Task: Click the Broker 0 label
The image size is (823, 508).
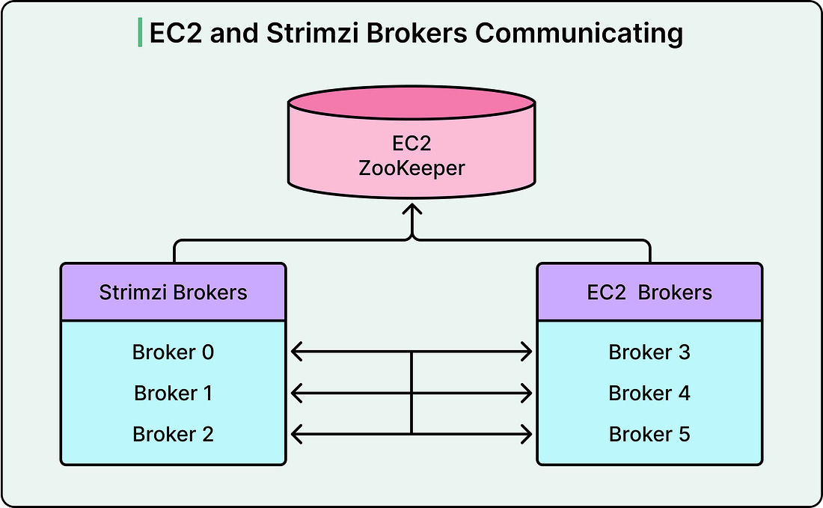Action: click(x=173, y=352)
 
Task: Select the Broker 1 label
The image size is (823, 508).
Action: click(x=173, y=393)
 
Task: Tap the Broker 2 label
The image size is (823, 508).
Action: click(x=173, y=434)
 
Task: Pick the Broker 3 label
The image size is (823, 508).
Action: click(x=649, y=352)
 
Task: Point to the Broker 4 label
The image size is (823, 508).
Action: click(x=649, y=393)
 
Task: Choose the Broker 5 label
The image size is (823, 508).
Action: click(x=649, y=434)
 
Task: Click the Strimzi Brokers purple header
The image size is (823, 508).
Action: click(x=173, y=292)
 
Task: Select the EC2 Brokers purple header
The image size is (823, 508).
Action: click(x=649, y=292)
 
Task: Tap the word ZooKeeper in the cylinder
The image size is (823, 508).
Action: click(x=411, y=168)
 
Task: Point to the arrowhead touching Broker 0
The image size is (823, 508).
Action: click(x=295, y=350)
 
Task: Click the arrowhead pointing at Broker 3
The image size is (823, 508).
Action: click(x=527, y=350)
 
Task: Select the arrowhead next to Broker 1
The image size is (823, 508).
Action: click(x=295, y=391)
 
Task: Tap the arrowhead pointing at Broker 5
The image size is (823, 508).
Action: click(x=527, y=432)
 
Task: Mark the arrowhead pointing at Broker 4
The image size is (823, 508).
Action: click(x=527, y=391)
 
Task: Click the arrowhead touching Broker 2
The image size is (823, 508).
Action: click(x=295, y=432)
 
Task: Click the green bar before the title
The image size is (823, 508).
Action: click(x=140, y=33)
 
